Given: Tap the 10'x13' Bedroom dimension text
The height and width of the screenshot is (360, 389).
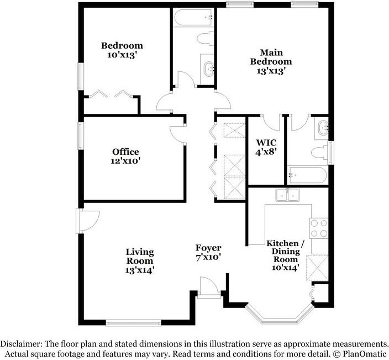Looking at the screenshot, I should [122, 56].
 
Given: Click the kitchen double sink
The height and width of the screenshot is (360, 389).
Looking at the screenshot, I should [288, 195].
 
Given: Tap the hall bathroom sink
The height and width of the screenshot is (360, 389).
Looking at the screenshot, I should [208, 69].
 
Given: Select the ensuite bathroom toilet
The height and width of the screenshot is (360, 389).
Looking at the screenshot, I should [319, 152].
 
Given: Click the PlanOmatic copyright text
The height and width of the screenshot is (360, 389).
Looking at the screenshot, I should [359, 353].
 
